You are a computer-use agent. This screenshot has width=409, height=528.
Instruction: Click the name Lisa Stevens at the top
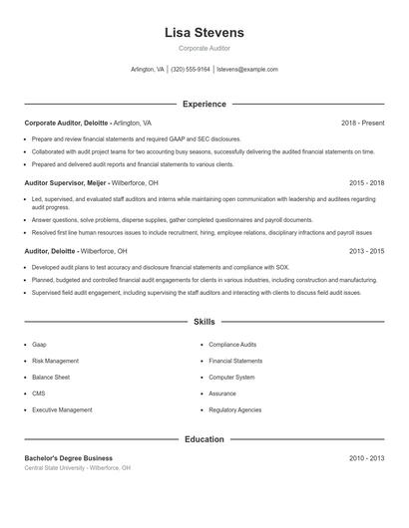pos(204,33)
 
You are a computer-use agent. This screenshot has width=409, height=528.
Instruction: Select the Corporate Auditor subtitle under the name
pos(204,48)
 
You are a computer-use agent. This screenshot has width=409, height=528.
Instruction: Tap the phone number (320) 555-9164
pos(190,70)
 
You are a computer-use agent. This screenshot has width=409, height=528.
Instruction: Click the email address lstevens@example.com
pos(247,70)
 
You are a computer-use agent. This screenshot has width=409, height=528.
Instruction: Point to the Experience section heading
pos(204,104)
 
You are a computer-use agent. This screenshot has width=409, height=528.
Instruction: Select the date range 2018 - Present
pos(362,123)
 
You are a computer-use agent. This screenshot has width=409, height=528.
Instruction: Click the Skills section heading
pos(204,322)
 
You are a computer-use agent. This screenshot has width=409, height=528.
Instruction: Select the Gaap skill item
pos(39,344)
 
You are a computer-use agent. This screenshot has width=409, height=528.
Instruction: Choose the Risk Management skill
pos(55,361)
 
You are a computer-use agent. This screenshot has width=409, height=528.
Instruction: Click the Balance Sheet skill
pos(51,378)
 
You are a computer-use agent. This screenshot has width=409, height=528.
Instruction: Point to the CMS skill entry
pos(39,394)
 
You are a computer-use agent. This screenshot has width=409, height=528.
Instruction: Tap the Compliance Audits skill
pos(232,344)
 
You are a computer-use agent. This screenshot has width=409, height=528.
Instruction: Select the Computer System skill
pos(231,378)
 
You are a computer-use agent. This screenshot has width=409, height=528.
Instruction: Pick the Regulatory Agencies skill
pos(235,409)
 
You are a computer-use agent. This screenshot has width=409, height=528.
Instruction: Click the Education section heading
pos(204,438)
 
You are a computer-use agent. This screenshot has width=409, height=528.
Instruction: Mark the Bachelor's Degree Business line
pos(69,458)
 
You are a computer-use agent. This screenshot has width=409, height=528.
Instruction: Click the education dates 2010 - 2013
pos(366,458)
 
